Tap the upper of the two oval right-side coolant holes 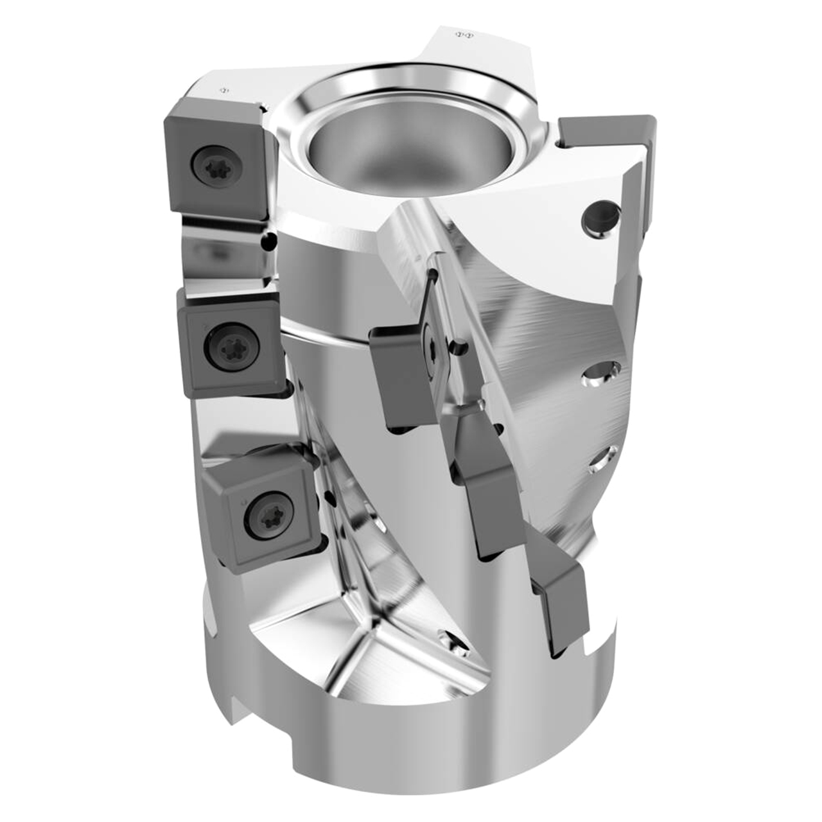tap(600, 374)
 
